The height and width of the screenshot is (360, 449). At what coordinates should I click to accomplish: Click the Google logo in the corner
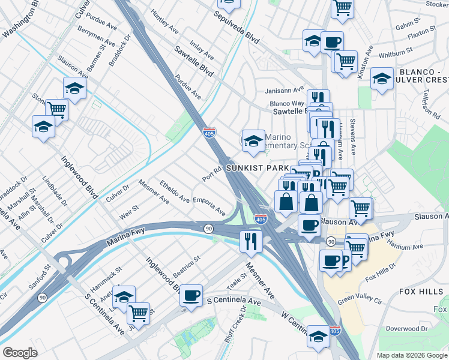tap(20, 353)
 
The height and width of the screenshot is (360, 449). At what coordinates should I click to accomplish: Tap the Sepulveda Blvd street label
tap(238, 27)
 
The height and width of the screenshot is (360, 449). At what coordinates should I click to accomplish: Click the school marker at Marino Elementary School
tap(253, 142)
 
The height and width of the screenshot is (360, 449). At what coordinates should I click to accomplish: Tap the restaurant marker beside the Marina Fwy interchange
tap(250, 241)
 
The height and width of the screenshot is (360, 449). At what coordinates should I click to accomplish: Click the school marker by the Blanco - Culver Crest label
tap(382, 79)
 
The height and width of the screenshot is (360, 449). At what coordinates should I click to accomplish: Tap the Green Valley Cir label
tap(360, 299)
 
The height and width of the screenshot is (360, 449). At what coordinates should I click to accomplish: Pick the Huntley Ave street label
tap(165, 21)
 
